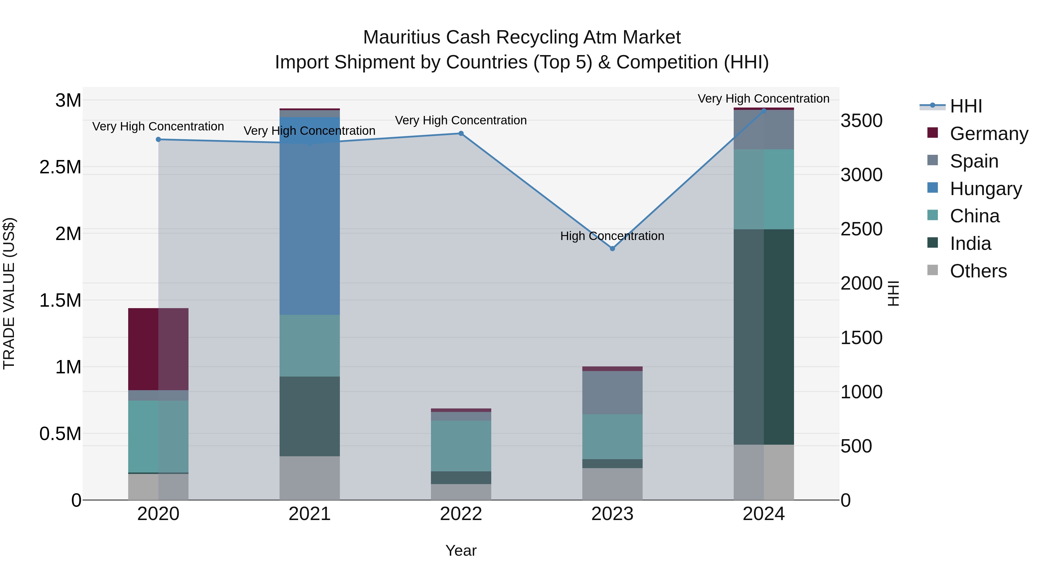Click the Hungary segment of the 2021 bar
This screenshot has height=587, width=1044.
[310, 227]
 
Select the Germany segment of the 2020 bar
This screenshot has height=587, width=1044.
[158, 349]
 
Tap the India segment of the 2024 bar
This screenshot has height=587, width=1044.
[764, 337]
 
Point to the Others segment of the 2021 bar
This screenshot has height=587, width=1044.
[310, 478]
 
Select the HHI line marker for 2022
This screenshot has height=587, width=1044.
[461, 133]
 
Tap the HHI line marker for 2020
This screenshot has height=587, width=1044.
[158, 139]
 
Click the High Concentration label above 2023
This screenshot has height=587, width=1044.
[612, 236]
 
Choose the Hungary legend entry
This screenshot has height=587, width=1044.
[986, 189]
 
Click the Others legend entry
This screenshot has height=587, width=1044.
[978, 271]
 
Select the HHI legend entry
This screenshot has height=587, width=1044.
[966, 106]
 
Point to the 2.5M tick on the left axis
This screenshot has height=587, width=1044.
[60, 167]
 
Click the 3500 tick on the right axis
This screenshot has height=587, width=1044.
[861, 121]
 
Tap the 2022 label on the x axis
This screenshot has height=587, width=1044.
[461, 514]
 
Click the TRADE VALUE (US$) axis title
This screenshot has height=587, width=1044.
[9, 293]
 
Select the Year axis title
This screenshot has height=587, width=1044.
[461, 550]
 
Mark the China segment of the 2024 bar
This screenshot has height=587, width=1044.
[764, 189]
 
